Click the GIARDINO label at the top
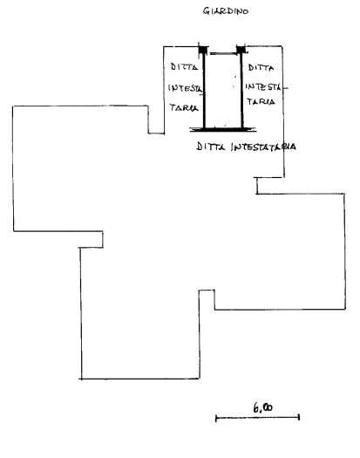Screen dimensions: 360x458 tap(226, 11)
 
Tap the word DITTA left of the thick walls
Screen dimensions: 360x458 tap(184, 66)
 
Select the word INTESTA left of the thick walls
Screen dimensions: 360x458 tap(185, 88)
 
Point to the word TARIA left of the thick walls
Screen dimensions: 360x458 tap(184, 107)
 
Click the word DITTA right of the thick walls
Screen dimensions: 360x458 tap(261, 68)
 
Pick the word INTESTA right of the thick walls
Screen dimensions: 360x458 tap(263, 86)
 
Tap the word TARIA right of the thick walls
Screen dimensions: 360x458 tap(261, 102)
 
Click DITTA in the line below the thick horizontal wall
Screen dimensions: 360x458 tap(211, 146)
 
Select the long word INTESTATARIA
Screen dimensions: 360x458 tap(263, 147)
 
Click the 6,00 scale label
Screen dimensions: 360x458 tap(262, 407)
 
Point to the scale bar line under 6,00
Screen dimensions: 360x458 tap(257, 418)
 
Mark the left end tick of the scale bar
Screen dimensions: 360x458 tap(216, 418)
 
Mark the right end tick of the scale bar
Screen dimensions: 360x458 tap(299, 417)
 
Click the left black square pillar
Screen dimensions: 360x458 tap(203, 50)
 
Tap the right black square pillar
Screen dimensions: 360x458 tap(241, 50)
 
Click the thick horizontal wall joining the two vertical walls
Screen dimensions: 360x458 tap(223, 129)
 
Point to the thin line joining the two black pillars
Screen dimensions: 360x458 tap(223, 53)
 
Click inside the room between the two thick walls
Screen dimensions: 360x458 tap(223, 91)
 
